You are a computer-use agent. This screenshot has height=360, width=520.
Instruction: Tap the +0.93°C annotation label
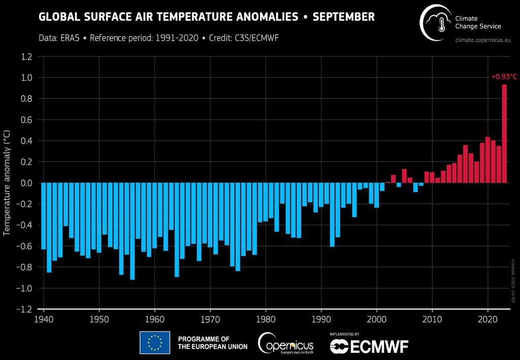tap(504, 77)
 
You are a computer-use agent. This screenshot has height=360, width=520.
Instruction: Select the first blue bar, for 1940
tap(44, 216)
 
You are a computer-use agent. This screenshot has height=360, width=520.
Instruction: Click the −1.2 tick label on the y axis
tap(24, 309)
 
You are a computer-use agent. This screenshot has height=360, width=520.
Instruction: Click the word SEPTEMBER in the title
tap(343, 17)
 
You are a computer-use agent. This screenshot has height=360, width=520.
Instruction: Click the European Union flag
tap(155, 343)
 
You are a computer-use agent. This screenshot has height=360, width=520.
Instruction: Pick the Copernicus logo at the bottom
tap(285, 343)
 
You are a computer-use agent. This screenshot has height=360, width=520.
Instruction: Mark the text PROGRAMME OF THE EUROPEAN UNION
tap(212, 343)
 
